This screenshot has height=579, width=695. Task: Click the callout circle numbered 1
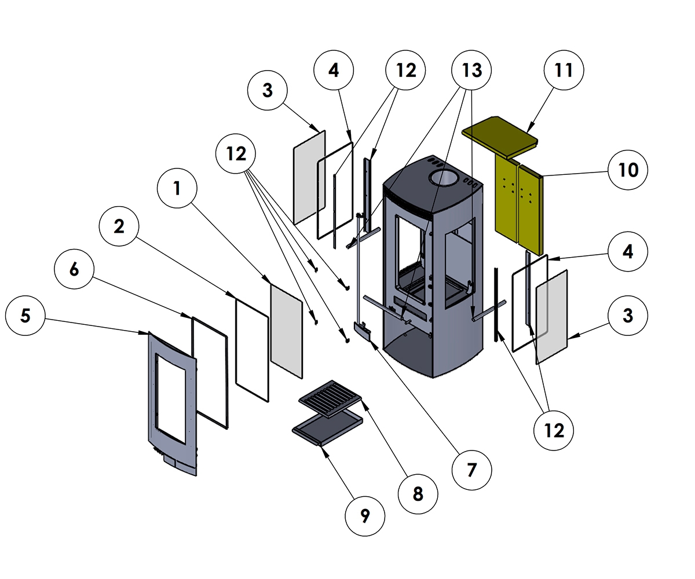point(177,188)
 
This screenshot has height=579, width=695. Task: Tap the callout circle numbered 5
point(25,316)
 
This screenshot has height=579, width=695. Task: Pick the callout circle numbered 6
point(74,270)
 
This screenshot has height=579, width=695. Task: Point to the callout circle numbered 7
point(471,470)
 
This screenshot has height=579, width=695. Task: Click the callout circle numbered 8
point(418,493)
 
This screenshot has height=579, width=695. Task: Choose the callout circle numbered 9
point(365,516)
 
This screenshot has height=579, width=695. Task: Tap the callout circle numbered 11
point(564,71)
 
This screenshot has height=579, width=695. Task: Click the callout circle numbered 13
point(471,71)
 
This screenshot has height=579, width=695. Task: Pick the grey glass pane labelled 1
point(287,330)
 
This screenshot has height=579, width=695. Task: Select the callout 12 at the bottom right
point(554,430)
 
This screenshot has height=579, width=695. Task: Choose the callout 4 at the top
point(334,71)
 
